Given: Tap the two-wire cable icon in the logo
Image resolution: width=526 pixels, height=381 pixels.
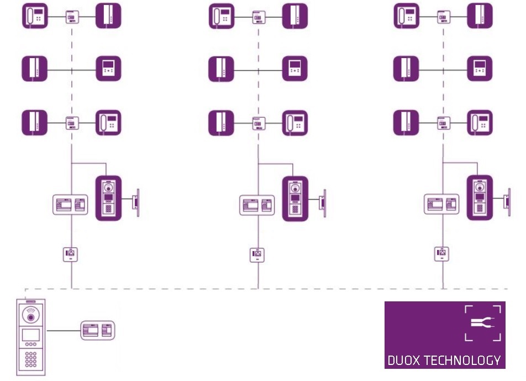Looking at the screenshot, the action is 483,323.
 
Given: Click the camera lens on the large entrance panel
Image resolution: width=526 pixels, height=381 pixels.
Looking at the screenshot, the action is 30,316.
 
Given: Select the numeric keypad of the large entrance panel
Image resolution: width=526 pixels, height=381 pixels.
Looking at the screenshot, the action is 30,359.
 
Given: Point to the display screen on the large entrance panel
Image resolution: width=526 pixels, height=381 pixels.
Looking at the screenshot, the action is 30,335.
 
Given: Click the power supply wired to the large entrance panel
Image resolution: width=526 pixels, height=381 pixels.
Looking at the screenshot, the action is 98,331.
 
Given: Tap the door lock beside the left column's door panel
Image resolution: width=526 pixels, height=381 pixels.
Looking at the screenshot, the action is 136,202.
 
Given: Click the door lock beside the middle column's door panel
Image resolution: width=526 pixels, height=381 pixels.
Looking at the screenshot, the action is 322,203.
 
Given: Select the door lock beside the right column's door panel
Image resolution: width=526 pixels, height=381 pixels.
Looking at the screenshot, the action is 507,202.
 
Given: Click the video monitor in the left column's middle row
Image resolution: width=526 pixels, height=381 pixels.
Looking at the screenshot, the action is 108,69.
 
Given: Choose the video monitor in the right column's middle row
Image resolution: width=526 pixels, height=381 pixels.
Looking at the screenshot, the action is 480,69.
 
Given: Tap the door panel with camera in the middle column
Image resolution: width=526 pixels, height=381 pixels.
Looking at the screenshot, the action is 295,199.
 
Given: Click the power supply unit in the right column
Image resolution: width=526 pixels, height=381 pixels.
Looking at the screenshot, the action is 441,204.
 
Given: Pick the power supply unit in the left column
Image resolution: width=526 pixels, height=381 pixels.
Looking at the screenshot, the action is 71,205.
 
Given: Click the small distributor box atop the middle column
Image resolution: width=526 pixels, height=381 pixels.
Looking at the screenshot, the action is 259,17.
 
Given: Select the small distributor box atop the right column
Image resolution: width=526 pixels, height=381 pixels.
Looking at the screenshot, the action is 444,17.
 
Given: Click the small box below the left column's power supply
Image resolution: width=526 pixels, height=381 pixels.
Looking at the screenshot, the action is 71,254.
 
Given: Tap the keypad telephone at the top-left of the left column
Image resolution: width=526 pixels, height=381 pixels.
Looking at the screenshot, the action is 35,16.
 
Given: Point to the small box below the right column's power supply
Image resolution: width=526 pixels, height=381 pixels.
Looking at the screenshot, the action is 442,254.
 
